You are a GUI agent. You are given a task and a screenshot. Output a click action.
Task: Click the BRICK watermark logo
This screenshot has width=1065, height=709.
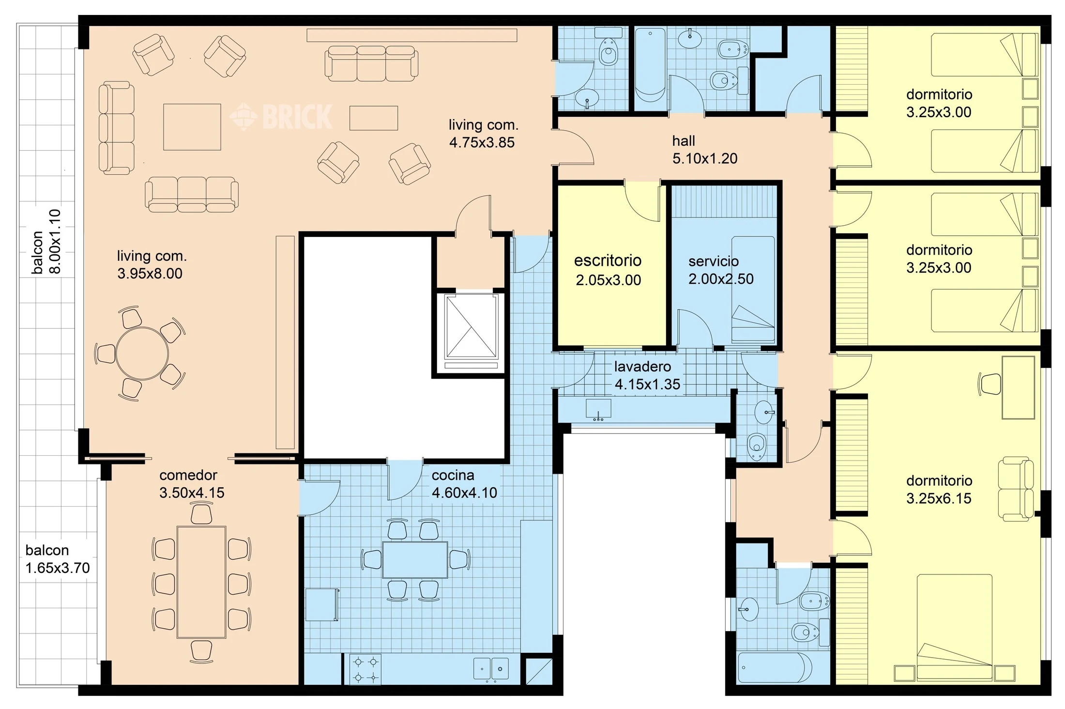[281, 117]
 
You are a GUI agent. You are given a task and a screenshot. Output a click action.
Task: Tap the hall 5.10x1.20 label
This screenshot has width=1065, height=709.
[705, 150]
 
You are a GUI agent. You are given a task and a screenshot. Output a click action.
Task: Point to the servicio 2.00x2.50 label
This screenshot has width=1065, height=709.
[721, 270]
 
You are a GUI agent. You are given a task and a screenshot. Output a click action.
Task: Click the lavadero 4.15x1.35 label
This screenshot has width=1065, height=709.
[647, 375]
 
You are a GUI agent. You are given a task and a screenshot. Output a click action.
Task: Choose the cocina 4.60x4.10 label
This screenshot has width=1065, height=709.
[464, 484]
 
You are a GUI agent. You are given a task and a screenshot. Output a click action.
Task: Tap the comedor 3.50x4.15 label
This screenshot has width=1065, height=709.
[192, 484]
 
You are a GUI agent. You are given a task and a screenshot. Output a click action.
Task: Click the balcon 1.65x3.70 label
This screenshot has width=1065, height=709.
[58, 559]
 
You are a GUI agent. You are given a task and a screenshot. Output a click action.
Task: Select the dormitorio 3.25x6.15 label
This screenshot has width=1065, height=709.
[939, 489]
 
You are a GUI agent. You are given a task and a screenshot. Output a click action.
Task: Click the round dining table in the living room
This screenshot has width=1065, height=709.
[142, 354]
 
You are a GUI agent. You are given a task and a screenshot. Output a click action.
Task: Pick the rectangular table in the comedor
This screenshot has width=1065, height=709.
[201, 582]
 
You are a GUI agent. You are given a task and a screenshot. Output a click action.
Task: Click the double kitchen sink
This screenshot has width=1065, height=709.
[491, 669]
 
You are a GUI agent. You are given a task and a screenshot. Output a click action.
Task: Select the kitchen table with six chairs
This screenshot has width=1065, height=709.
[415, 560]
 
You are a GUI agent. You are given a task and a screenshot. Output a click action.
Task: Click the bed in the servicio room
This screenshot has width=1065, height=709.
[753, 289]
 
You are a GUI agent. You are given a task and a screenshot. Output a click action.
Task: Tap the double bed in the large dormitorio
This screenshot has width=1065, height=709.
[954, 627]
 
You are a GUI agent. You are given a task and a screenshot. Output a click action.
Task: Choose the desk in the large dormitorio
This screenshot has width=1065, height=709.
[1018, 387]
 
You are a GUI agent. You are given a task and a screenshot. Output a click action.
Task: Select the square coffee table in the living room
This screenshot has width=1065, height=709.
[192, 127]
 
